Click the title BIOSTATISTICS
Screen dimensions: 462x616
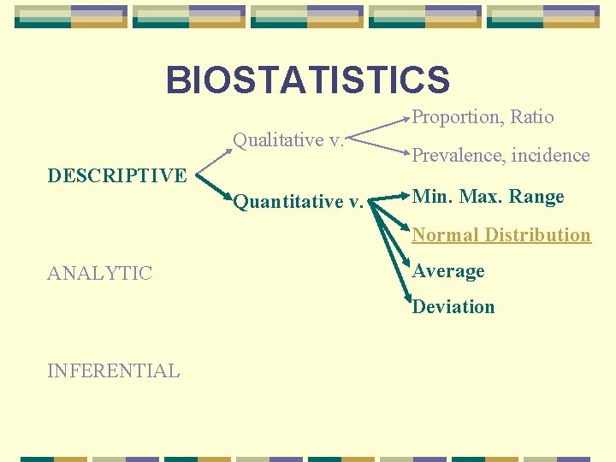tap(307, 80)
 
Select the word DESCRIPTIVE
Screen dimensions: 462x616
tap(117, 175)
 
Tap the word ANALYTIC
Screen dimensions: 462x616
tap(100, 274)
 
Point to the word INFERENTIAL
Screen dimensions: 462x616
tap(114, 370)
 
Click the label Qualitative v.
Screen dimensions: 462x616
tap(288, 139)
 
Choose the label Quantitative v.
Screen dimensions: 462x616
tap(298, 202)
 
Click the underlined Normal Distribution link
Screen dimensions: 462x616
tap(501, 234)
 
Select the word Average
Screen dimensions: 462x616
tap(448, 271)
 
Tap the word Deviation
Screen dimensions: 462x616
tap(453, 306)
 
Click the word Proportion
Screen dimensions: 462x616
tap(453, 117)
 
